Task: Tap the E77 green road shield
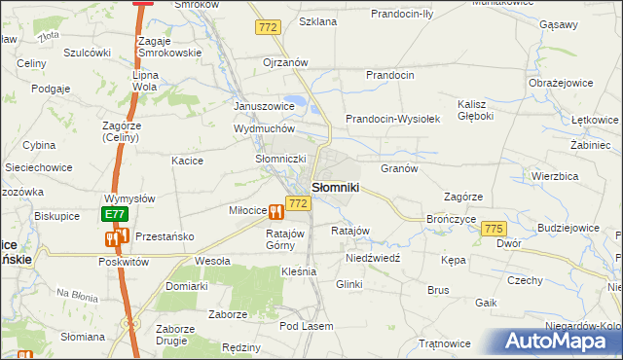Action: click(114, 213)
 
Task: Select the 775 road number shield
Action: click(494, 227)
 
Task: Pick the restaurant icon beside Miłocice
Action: click(277, 210)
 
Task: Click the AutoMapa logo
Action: click(560, 341)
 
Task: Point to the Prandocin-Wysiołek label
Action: click(394, 119)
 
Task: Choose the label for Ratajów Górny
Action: click(286, 239)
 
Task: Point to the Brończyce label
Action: click(450, 219)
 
